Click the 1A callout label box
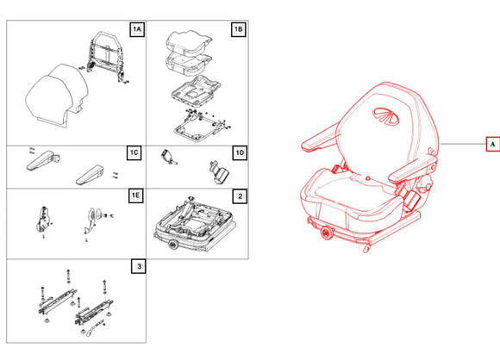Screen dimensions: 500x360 coord(137,29)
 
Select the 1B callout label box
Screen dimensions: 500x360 coord(239,29)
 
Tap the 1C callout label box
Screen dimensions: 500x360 coord(134,152)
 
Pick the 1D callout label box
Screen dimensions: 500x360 coord(240,153)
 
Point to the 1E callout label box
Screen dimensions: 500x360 coord(136,196)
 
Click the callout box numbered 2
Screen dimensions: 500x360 coord(241,196)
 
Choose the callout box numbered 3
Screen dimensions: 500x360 coord(139,266)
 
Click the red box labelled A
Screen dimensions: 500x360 coord(492,144)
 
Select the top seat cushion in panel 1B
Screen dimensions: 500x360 coord(189,40)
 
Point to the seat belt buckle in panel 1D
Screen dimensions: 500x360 coord(168,157)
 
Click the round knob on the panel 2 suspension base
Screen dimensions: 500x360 coord(174,245)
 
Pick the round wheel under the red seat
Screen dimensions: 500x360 coord(327,233)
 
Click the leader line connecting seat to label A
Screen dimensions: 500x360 coord(463,144)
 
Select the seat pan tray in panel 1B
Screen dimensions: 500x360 coord(196,91)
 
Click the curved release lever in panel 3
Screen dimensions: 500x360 coord(95,328)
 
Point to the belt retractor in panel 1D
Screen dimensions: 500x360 coord(220,172)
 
